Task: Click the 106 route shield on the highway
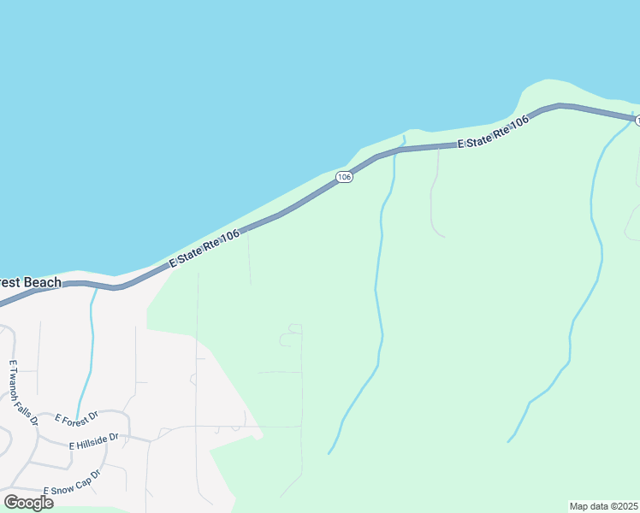click(344, 177)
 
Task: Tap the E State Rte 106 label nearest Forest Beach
click(204, 249)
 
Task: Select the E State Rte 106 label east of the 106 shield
click(494, 133)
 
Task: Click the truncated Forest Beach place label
click(30, 283)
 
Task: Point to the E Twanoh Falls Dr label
click(24, 392)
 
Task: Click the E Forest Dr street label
click(77, 418)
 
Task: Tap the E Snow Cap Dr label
click(73, 482)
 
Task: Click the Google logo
click(28, 503)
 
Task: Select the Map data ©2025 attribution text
click(604, 506)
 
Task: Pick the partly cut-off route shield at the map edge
click(637, 121)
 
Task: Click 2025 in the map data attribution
click(627, 506)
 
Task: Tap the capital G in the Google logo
click(11, 502)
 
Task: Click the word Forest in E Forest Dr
click(77, 418)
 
